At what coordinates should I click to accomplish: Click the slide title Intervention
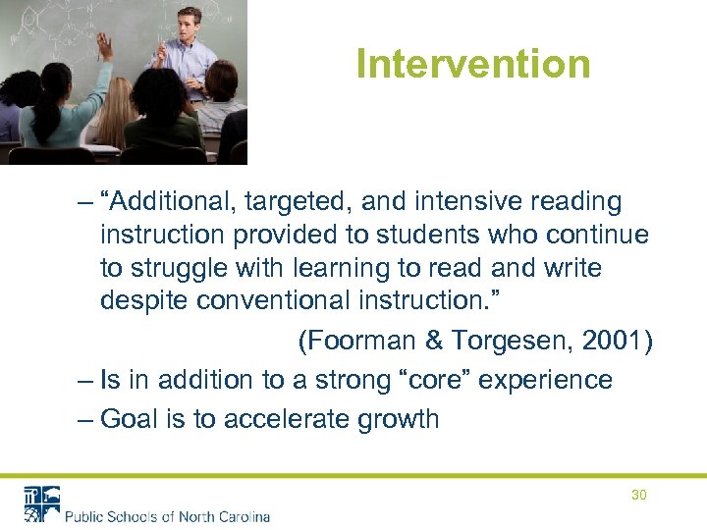[x=473, y=64]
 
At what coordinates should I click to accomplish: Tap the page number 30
[x=638, y=495]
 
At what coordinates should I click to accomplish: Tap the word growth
[x=398, y=419]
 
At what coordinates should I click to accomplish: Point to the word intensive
[x=461, y=202]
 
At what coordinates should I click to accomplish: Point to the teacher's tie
[x=189, y=55]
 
